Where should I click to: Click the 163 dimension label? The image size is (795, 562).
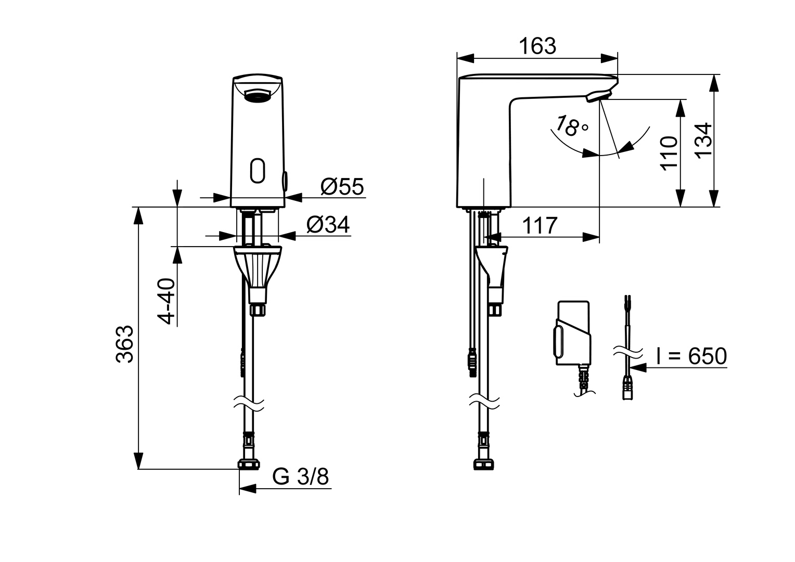[x=537, y=46]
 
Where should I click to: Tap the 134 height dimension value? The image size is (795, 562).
[x=703, y=140]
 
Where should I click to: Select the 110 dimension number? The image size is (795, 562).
[x=669, y=153]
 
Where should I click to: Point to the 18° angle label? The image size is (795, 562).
[x=572, y=126]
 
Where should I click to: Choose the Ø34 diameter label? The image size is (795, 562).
[x=328, y=224]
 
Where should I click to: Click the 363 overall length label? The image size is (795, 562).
[x=124, y=343]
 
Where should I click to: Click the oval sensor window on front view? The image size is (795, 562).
[x=258, y=170]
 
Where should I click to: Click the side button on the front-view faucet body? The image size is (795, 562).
[x=285, y=181]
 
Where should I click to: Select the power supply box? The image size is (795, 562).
[x=573, y=333]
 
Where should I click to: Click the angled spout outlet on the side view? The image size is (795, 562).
[x=598, y=96]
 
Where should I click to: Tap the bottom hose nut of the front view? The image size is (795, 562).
[x=249, y=464]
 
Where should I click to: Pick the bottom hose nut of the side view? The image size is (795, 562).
[x=483, y=465]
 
